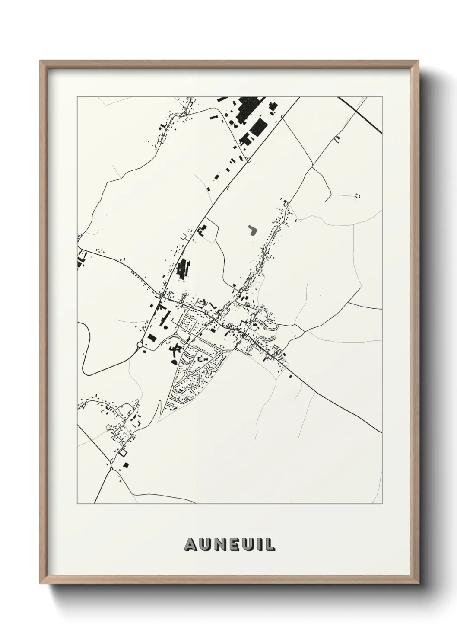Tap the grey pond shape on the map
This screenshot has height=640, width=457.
click(x=252, y=230)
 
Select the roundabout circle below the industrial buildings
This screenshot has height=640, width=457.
click(x=249, y=160)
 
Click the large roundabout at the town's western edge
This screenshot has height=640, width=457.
click(x=140, y=345)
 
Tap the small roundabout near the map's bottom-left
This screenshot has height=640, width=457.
click(x=111, y=469)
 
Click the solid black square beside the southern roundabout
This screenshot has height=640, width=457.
click(x=126, y=465)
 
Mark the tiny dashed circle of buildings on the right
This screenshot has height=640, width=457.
click(x=357, y=196)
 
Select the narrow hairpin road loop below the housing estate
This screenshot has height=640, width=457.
click(x=160, y=409)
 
